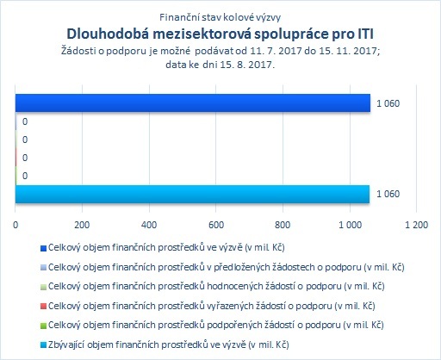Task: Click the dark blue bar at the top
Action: [x=193, y=102]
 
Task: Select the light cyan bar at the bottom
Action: [x=192, y=194]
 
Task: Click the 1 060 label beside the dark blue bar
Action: [x=388, y=103]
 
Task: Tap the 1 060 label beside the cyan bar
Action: [x=388, y=194]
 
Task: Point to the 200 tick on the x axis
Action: [x=82, y=225]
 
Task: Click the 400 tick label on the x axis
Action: [x=149, y=225]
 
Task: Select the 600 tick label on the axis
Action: [x=216, y=225]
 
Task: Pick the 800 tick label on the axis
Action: [x=283, y=225]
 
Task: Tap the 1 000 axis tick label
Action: [x=350, y=225]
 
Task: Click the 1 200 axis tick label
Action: [x=416, y=225]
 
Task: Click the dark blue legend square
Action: [x=43, y=248]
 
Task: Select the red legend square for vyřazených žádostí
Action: [x=43, y=307]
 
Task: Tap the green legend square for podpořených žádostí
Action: [x=43, y=326]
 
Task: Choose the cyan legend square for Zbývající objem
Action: [x=43, y=345]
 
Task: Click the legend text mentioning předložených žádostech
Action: [x=227, y=267]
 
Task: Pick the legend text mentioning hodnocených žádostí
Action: [x=216, y=287]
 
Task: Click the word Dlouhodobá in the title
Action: [x=109, y=34]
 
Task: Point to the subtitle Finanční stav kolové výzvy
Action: [x=220, y=17]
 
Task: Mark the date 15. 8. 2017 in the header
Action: [x=247, y=65]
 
